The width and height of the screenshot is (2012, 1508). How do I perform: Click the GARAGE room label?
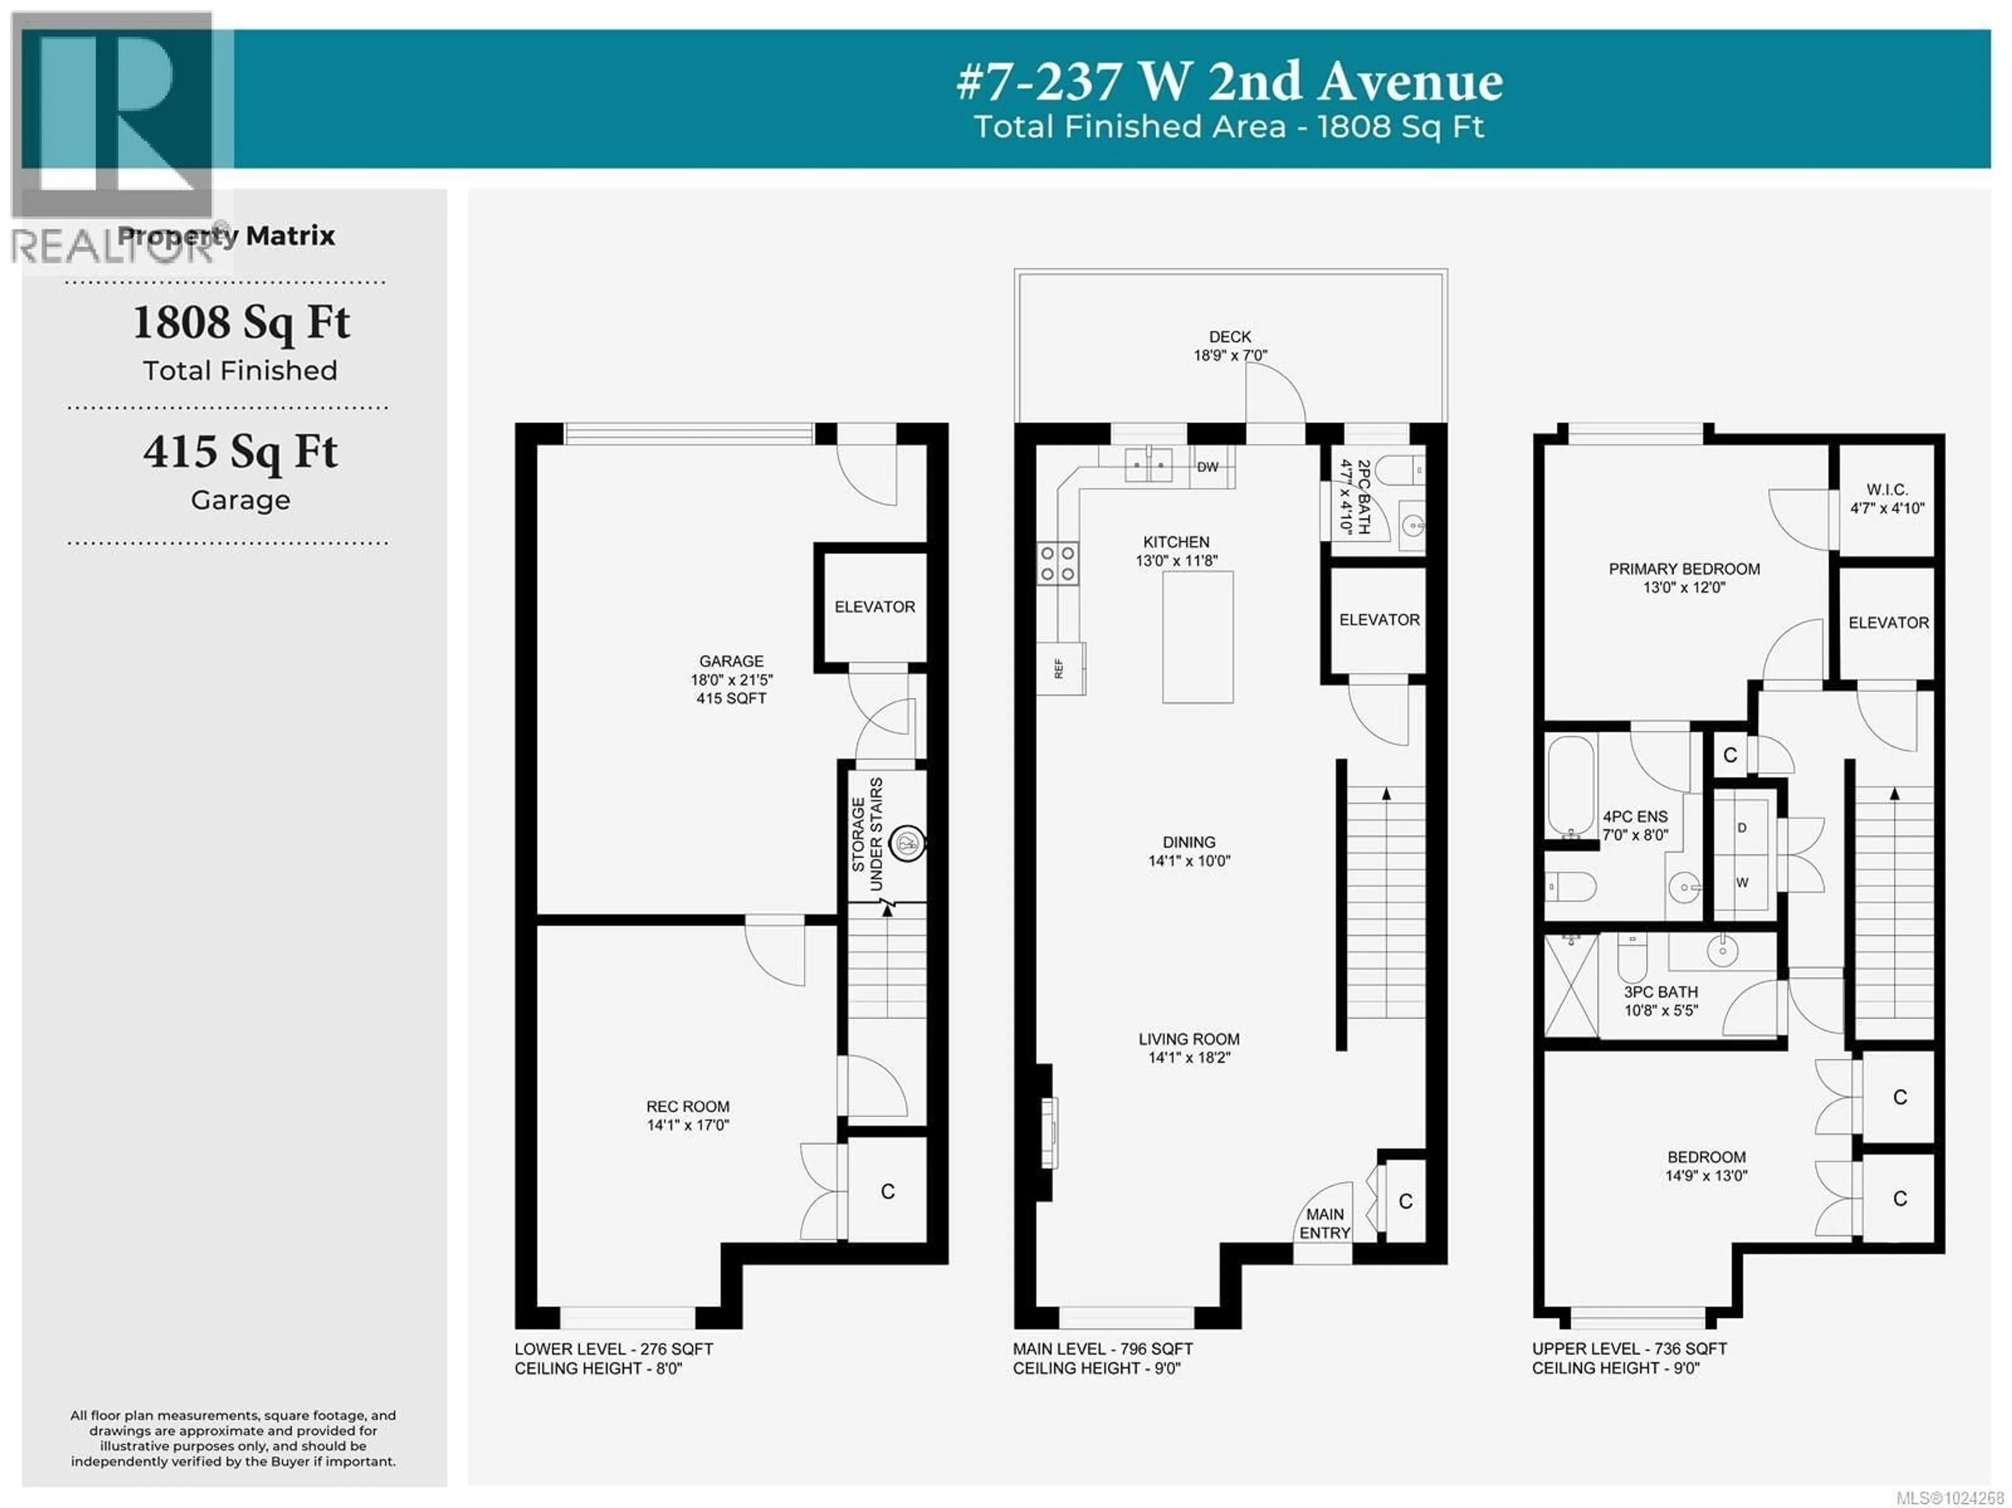731,661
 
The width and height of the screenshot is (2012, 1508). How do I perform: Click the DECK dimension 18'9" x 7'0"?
1230,356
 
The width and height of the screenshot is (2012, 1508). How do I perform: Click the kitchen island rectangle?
1197,637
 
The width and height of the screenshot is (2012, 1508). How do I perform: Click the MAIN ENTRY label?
1325,1223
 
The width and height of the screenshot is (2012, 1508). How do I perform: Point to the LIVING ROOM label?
1189,1039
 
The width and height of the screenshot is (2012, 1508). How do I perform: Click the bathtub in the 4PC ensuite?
1571,786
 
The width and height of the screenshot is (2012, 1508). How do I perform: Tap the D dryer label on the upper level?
1742,828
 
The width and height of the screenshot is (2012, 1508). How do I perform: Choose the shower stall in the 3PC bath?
1571,985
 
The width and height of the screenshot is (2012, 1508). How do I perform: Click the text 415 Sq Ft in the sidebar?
240,452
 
